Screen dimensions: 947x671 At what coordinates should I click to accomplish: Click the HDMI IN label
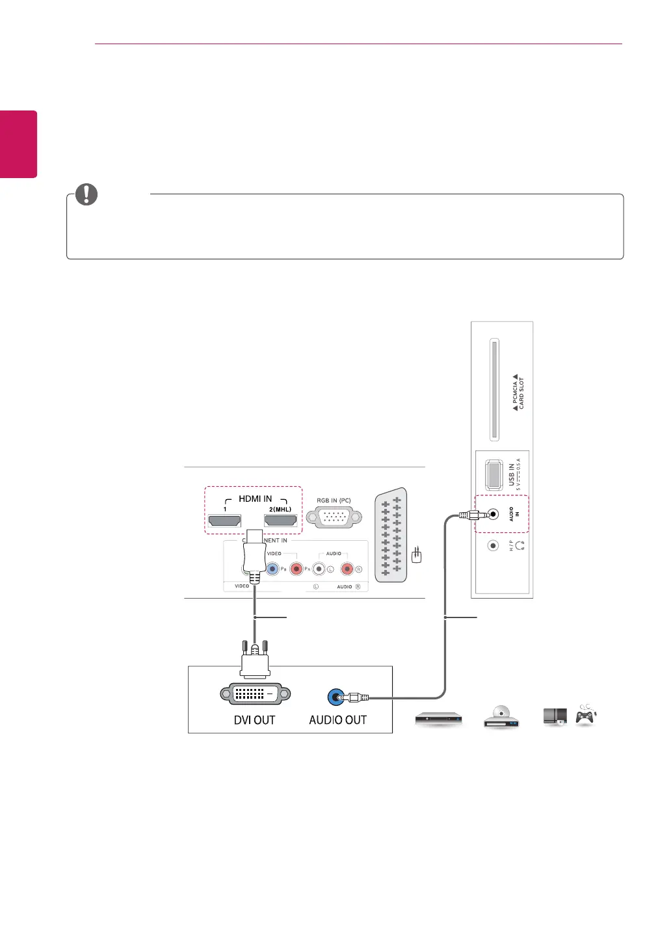click(x=255, y=499)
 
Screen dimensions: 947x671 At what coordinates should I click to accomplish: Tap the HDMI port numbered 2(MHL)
click(x=280, y=521)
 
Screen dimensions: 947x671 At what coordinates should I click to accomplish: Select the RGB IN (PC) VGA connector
click(x=334, y=517)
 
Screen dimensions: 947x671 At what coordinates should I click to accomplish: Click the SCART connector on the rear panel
click(x=391, y=535)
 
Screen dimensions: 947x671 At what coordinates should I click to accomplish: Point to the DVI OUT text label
click(x=254, y=720)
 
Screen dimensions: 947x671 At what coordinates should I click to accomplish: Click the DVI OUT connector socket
click(x=255, y=694)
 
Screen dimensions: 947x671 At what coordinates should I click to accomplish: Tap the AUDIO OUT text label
click(x=337, y=720)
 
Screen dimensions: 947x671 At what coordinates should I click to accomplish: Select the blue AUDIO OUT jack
click(x=335, y=698)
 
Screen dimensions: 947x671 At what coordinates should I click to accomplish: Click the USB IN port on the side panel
click(x=493, y=474)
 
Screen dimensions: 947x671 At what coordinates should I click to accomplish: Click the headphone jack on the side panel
click(x=493, y=546)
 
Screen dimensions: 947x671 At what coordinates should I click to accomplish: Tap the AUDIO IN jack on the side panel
click(x=493, y=514)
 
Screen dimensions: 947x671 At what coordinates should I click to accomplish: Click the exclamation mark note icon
click(x=86, y=194)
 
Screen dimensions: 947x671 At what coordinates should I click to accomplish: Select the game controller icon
click(x=586, y=716)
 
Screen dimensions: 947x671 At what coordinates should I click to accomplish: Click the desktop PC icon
click(x=555, y=716)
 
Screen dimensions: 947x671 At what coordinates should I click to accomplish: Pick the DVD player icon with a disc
click(x=501, y=716)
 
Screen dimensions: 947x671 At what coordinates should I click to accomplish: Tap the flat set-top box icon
click(x=439, y=719)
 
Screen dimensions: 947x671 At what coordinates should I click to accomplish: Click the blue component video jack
click(x=273, y=569)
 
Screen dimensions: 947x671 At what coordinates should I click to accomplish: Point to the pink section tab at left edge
click(x=18, y=144)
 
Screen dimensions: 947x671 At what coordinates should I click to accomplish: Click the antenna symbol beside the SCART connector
click(x=417, y=555)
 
